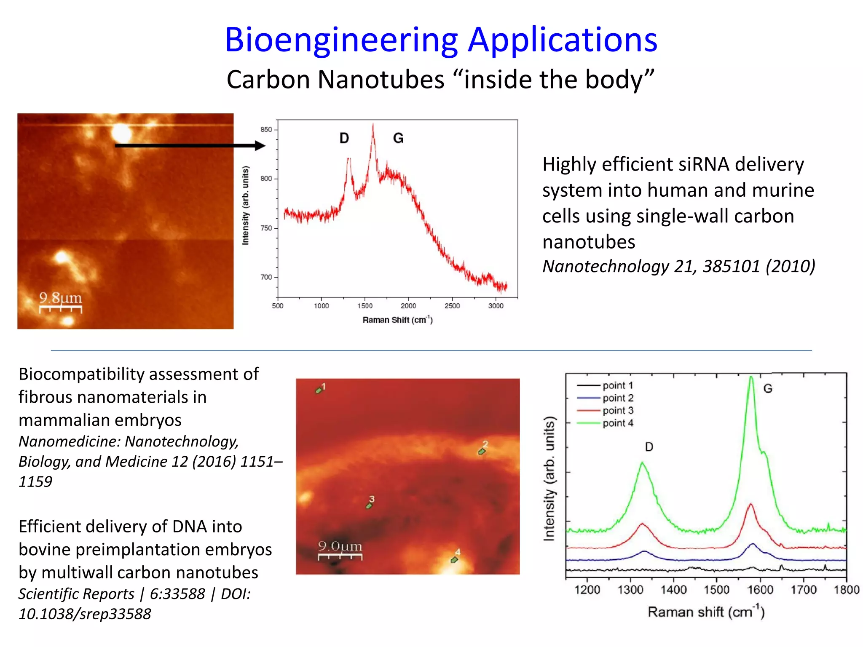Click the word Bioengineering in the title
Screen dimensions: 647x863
click(x=341, y=40)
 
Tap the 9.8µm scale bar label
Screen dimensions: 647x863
click(x=60, y=298)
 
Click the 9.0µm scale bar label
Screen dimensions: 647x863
click(x=340, y=546)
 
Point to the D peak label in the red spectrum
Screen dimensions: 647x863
click(x=344, y=138)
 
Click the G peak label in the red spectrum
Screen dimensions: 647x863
click(x=398, y=138)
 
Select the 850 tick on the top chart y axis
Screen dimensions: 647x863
click(x=266, y=129)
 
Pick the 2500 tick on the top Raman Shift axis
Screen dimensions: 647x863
click(x=452, y=306)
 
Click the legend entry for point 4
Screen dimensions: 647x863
click(x=617, y=423)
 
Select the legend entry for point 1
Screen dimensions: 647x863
click(x=617, y=385)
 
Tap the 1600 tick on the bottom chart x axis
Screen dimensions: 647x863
click(x=760, y=590)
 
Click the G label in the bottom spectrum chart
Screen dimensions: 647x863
click(x=768, y=388)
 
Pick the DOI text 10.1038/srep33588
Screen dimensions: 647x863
click(x=85, y=614)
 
